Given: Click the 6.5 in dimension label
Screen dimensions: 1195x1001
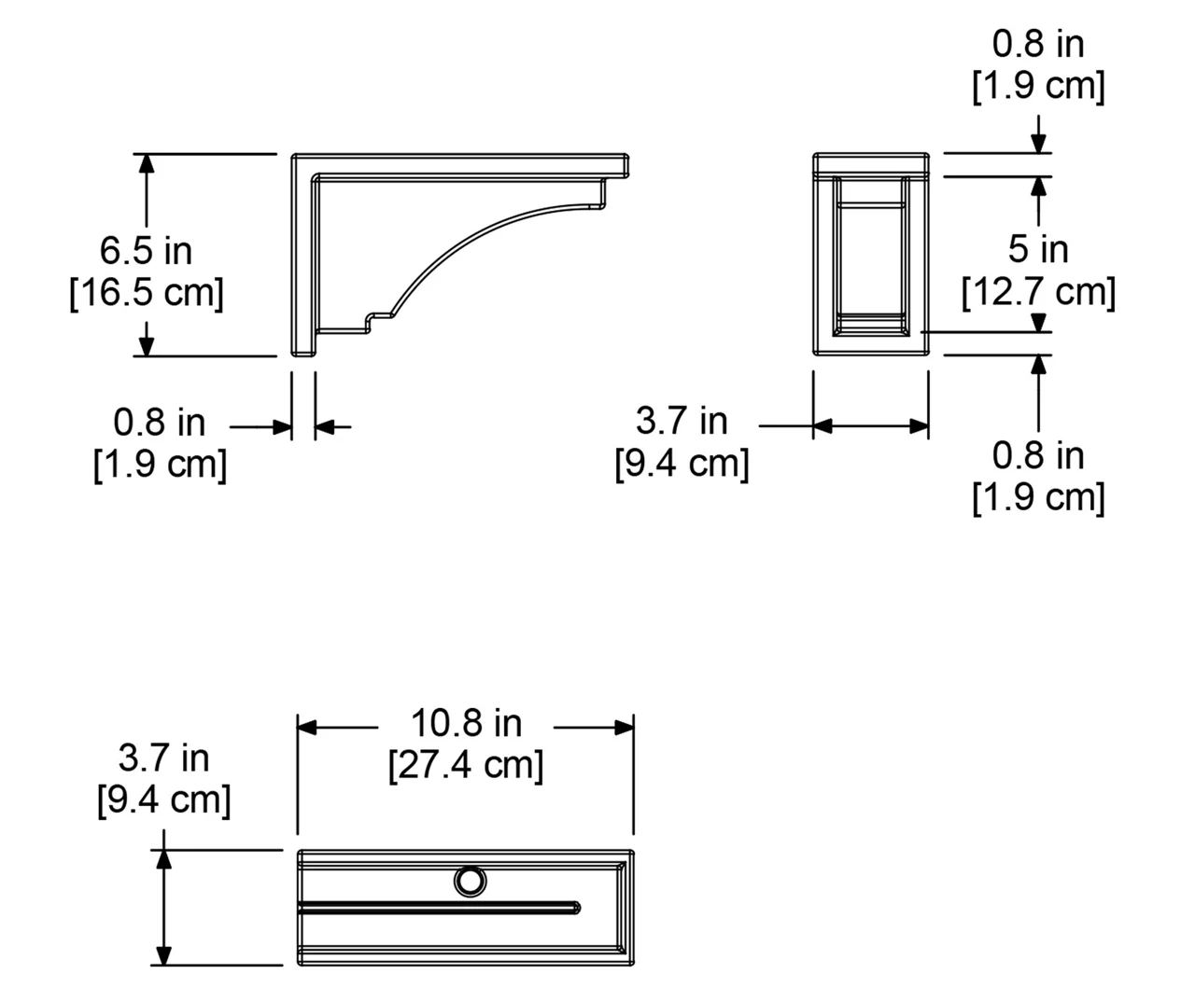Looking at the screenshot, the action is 146,251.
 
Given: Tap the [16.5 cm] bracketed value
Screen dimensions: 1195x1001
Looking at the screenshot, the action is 146,293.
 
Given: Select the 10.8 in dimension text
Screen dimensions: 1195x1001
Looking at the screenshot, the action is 466,724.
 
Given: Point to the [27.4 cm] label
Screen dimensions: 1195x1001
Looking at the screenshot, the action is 466,765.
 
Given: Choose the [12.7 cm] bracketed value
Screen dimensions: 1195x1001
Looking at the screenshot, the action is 1038,292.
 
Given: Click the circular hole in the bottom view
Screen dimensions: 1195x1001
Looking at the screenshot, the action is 470,882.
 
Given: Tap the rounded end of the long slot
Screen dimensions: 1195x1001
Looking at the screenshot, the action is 576,908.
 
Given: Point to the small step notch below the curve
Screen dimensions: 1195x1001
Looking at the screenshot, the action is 369,322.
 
